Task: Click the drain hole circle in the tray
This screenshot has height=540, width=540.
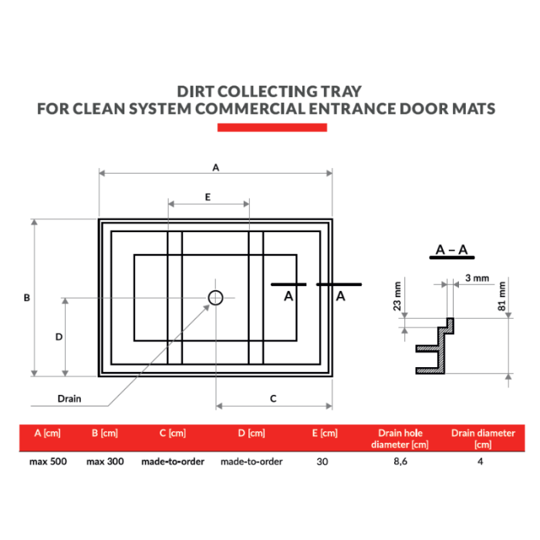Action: coord(215,297)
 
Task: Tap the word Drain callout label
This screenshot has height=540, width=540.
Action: coord(69,399)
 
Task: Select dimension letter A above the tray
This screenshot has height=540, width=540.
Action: coord(216,167)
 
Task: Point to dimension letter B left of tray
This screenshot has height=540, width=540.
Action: coord(26,297)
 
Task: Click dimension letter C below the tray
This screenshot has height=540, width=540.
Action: coord(273,398)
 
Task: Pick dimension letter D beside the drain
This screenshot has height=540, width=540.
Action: coord(58,336)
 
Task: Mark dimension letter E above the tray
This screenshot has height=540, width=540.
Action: coord(208,197)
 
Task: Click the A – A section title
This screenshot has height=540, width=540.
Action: coord(451,250)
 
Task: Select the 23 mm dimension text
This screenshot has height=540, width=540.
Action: coord(397,295)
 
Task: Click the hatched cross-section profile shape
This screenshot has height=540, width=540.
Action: coord(436,347)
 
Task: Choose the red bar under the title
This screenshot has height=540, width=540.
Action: coord(272,127)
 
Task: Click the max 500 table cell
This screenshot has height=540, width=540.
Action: coord(48,461)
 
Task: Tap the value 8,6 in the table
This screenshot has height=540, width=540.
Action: coord(399,461)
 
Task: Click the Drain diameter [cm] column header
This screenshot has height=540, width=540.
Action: coord(483,438)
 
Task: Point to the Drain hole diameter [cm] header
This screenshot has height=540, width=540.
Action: coord(399,438)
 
